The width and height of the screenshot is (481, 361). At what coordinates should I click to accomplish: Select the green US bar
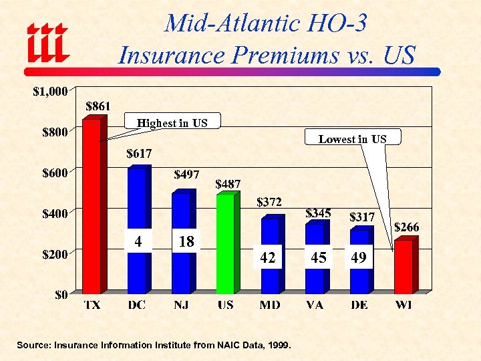click(225, 243)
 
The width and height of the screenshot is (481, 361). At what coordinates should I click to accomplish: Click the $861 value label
click(98, 106)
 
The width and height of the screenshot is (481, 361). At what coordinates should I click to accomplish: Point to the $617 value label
click(140, 154)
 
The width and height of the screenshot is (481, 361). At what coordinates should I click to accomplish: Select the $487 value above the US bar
click(228, 184)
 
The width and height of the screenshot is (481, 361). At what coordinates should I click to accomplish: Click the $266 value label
click(406, 227)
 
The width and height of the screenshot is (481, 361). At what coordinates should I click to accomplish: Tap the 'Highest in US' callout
click(172, 123)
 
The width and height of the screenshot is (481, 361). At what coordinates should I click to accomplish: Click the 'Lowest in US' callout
click(352, 139)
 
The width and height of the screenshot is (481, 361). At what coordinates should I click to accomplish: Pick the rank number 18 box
click(186, 241)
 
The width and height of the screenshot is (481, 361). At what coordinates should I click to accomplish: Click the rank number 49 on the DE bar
click(359, 257)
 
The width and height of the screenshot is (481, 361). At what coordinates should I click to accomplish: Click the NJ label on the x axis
click(180, 305)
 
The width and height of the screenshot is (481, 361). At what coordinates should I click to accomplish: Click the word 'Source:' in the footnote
click(35, 345)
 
